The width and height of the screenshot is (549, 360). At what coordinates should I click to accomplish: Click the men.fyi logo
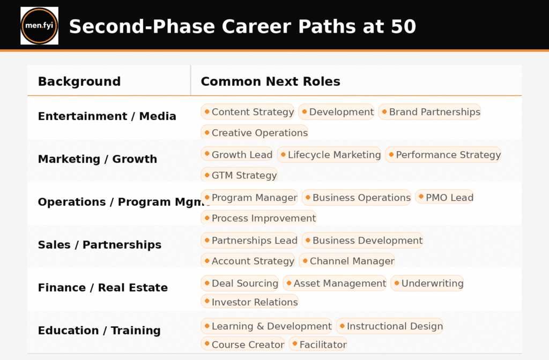tap(39, 26)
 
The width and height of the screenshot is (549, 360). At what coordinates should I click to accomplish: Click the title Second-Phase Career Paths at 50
tap(242, 26)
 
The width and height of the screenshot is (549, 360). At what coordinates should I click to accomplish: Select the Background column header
tap(79, 81)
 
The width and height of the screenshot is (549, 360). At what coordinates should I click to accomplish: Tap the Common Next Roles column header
tap(270, 81)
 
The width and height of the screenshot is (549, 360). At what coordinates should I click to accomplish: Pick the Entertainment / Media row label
tap(107, 116)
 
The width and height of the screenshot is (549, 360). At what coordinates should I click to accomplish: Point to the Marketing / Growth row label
tap(97, 159)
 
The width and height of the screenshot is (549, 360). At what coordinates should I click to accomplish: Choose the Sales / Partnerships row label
tap(99, 245)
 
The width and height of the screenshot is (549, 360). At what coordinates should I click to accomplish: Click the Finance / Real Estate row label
tap(102, 288)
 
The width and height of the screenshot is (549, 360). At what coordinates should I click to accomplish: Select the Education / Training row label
tap(99, 331)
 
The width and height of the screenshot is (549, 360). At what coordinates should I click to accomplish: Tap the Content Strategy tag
tap(248, 112)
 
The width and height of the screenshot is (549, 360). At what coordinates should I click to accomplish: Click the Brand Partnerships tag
tap(429, 112)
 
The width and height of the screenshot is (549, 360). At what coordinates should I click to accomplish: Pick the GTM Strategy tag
tap(239, 175)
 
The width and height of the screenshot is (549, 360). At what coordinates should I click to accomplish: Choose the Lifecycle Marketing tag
tap(329, 155)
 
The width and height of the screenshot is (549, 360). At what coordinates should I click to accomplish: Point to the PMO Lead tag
tap(444, 198)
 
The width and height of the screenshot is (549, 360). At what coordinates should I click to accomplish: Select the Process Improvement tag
tap(258, 218)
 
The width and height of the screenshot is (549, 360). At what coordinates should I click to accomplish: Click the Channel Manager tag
tap(347, 261)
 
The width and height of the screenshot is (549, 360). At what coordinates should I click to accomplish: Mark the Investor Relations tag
tap(249, 302)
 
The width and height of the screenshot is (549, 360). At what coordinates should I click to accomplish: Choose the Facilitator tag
tap(318, 344)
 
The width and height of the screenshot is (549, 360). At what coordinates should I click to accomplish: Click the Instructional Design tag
tap(390, 326)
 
